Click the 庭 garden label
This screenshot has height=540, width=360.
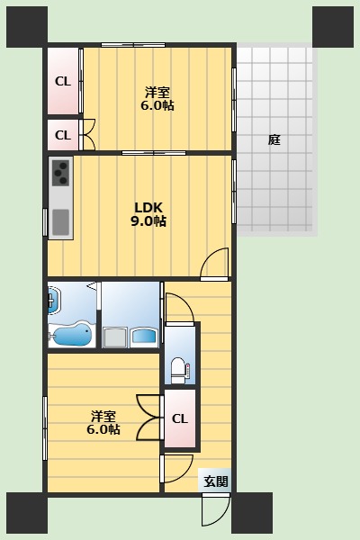click(274, 139)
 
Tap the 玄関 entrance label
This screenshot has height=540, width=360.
click(216, 481)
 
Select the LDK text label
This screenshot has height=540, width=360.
click(148, 207)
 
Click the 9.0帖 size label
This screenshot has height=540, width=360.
click(148, 220)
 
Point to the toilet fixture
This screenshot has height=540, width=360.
click(179, 370)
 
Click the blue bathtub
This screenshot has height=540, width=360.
click(72, 334)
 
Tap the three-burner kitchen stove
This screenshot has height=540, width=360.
click(61, 173)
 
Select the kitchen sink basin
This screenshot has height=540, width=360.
click(61, 222)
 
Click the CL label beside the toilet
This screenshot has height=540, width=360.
click(180, 418)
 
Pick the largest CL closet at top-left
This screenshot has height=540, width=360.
click(63, 81)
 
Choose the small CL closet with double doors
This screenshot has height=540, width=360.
click(63, 135)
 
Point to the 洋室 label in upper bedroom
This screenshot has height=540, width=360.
click(157, 93)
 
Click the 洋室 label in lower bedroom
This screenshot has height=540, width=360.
click(103, 417)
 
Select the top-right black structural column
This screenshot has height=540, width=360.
click(333, 27)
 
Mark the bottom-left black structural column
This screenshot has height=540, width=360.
click(27, 513)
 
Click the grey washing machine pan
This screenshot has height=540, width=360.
click(114, 337)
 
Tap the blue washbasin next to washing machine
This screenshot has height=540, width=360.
click(144, 336)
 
